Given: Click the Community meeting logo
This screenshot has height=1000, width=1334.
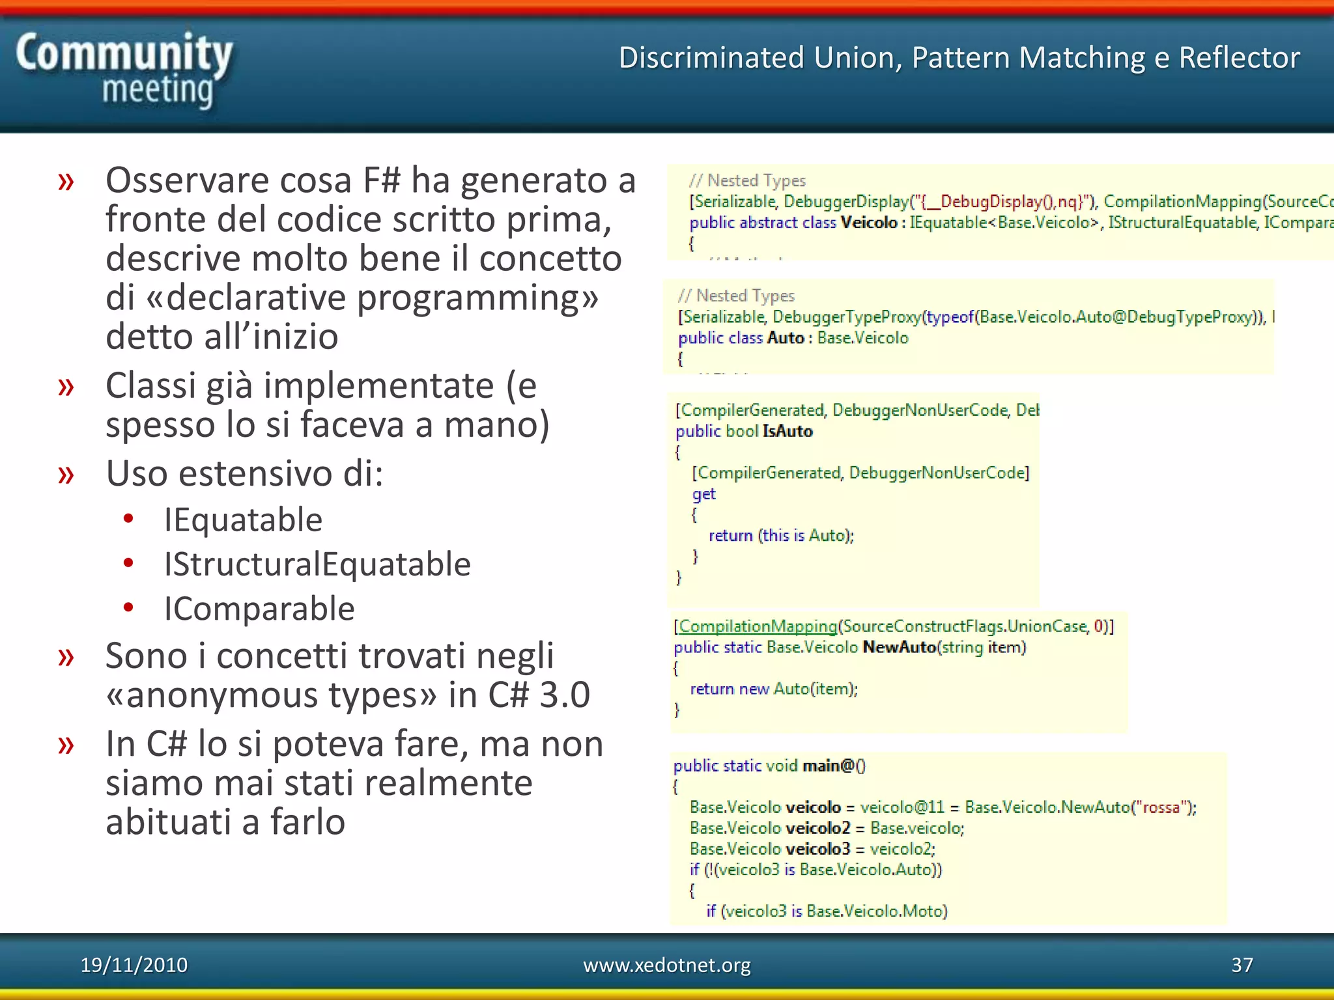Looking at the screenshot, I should click(124, 70).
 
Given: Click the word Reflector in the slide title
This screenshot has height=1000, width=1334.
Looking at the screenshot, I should click(1239, 58).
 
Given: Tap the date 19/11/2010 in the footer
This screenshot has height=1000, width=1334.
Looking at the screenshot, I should click(134, 965).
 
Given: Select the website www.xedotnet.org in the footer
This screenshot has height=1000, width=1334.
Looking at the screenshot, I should click(666, 965).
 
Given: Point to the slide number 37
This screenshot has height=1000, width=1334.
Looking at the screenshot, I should click(1242, 965).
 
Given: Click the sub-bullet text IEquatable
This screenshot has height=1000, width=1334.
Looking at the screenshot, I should click(243, 520).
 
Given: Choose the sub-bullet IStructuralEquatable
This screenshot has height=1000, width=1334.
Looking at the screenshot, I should click(317, 564).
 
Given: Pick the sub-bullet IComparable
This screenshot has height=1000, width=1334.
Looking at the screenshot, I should click(259, 609).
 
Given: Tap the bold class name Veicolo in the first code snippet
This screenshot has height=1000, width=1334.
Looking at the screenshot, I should click(869, 223).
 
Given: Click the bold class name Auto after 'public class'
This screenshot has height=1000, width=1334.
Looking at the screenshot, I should click(786, 338).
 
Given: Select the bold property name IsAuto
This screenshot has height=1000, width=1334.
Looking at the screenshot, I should click(788, 431).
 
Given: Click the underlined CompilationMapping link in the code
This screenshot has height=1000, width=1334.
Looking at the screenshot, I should click(758, 626).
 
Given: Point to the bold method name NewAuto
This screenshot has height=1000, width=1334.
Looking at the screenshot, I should click(899, 647).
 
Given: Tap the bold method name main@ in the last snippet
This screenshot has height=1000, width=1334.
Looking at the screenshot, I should click(829, 766).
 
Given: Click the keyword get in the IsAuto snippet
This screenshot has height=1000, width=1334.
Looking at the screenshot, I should click(703, 494).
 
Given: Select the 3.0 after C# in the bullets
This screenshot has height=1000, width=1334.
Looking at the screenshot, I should click(565, 695).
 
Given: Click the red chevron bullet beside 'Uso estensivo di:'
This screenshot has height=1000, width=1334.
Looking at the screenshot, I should click(66, 474).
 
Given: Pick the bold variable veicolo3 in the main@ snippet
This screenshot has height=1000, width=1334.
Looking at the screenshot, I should click(817, 849).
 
